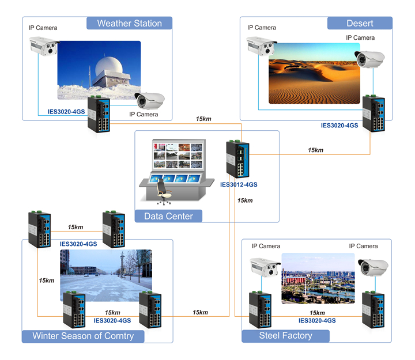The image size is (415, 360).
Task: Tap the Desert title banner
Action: pyautogui.click(x=360, y=23)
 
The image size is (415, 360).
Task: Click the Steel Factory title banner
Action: pyautogui.click(x=285, y=335)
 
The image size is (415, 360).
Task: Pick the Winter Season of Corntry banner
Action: pyautogui.click(x=83, y=336)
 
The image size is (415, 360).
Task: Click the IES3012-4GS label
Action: pyautogui.click(x=239, y=185)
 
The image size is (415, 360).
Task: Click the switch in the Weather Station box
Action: pyautogui.click(x=99, y=112)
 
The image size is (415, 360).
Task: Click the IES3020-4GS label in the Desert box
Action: pyautogui.click(x=339, y=125)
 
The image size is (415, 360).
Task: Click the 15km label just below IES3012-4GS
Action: pyautogui.click(x=245, y=200)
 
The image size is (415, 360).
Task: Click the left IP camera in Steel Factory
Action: pyautogui.click(x=265, y=267)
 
